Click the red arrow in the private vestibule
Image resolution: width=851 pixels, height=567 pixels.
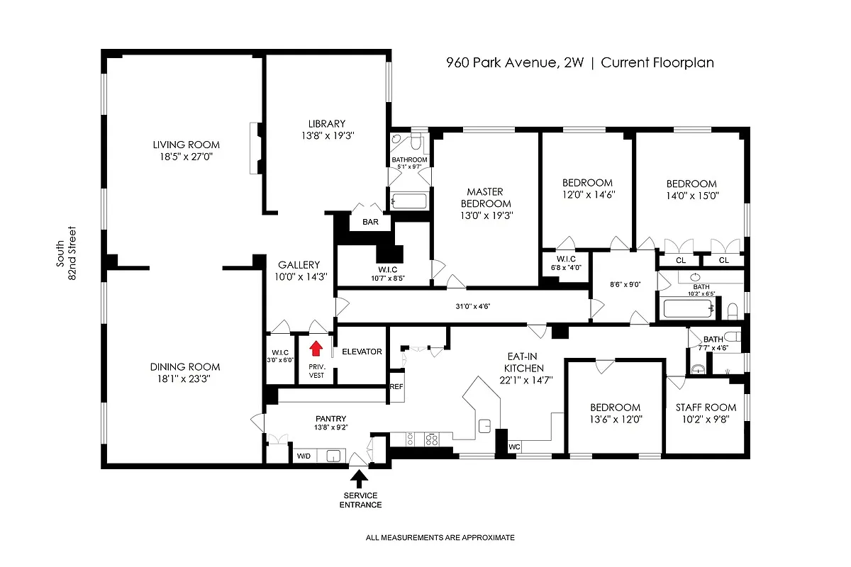click(316, 348)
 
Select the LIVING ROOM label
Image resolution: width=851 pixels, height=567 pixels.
click(187, 145)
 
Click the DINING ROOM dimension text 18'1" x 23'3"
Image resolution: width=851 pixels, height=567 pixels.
click(185, 378)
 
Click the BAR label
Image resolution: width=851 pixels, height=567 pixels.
click(370, 222)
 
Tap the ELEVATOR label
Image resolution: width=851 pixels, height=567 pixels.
click(362, 352)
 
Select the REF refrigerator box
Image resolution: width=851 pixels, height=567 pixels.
click(396, 387)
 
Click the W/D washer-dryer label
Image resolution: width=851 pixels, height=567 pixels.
click(304, 456)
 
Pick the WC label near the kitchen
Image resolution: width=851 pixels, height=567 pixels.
click(515, 447)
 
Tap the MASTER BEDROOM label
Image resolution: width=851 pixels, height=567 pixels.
click(485, 198)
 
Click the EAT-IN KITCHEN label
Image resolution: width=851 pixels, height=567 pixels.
click(524, 362)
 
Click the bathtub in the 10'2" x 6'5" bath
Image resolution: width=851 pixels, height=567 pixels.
click(686, 310)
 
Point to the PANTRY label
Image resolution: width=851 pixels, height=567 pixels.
click(330, 418)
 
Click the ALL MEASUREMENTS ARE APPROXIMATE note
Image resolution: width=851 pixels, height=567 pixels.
click(440, 537)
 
